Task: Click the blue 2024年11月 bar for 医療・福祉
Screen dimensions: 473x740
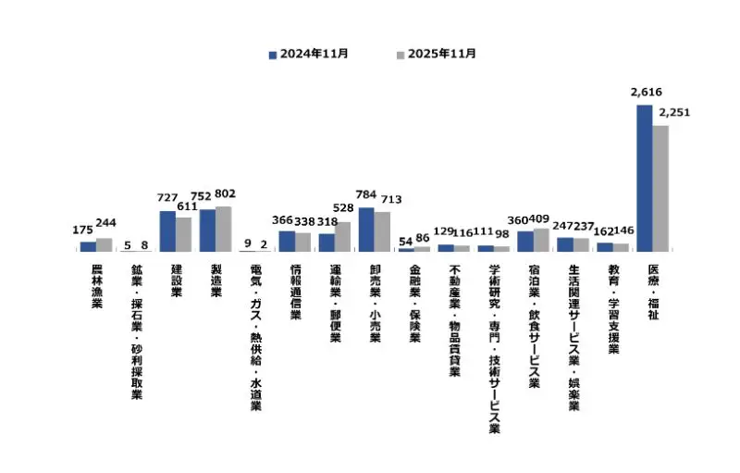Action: coord(644,178)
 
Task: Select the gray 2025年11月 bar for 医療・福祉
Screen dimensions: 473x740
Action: coord(660,188)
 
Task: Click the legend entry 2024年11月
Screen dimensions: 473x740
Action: coord(308,54)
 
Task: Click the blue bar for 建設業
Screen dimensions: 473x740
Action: coord(167,231)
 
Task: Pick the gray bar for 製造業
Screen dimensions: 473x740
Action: coord(223,229)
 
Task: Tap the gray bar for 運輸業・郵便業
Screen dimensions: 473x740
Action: coord(342,237)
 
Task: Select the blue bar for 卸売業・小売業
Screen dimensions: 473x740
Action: coord(366,230)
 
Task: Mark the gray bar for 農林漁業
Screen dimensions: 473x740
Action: coord(104,244)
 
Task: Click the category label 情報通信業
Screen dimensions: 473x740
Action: coord(296,293)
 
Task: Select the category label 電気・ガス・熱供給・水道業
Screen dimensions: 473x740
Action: coord(256,338)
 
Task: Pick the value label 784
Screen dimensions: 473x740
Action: coord(366,195)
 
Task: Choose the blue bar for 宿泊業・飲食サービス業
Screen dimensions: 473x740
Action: coord(524,241)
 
